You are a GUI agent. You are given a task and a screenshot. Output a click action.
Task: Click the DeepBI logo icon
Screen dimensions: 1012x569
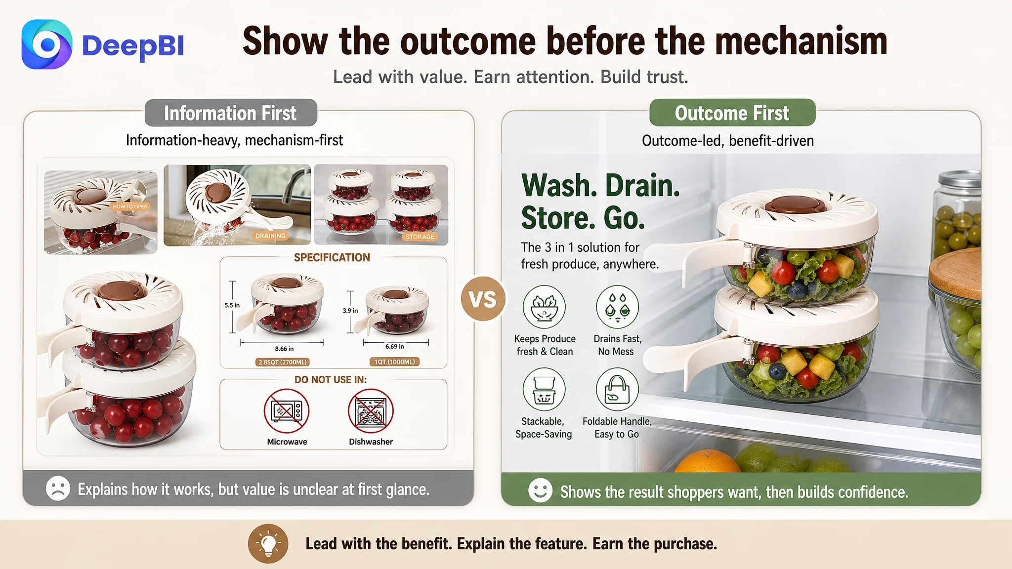click(x=47, y=44)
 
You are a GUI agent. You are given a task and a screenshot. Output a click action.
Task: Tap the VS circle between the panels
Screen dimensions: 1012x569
click(x=483, y=299)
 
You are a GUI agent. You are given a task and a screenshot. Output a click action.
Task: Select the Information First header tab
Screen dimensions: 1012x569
click(x=231, y=113)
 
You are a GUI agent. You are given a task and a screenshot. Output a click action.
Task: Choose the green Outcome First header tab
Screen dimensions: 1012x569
click(x=732, y=113)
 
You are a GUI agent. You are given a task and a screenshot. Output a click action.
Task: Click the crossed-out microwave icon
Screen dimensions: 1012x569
click(x=287, y=411)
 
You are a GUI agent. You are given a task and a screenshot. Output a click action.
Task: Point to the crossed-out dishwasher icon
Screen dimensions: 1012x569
click(x=371, y=411)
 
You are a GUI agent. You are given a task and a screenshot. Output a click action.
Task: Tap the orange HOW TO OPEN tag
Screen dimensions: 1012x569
click(x=130, y=206)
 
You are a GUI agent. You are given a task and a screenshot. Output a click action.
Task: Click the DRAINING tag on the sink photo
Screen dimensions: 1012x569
click(x=270, y=236)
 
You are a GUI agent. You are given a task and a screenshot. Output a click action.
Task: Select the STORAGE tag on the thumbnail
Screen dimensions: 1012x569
click(x=420, y=237)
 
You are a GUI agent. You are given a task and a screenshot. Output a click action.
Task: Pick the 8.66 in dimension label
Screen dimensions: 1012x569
click(x=284, y=349)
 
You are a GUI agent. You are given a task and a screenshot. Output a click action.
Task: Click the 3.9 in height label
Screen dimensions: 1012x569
click(x=350, y=311)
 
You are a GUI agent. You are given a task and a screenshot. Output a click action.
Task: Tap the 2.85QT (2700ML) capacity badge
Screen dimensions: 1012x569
click(x=282, y=362)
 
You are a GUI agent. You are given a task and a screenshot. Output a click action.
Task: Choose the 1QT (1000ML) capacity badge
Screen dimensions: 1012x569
click(x=394, y=362)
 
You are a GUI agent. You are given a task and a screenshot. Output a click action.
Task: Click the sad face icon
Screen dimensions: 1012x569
click(x=58, y=488)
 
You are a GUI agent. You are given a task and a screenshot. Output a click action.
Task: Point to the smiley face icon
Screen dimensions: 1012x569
click(x=540, y=490)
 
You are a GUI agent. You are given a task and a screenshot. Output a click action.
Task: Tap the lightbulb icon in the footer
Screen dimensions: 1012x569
click(x=268, y=544)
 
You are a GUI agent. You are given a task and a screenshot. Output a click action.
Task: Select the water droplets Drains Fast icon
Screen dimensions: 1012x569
click(x=617, y=307)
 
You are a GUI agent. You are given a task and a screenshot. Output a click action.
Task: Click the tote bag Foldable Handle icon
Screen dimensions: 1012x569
click(x=617, y=389)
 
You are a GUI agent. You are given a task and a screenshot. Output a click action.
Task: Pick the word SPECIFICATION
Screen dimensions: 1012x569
click(x=332, y=257)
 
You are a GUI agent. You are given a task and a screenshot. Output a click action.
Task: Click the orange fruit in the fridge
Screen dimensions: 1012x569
click(x=708, y=461)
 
